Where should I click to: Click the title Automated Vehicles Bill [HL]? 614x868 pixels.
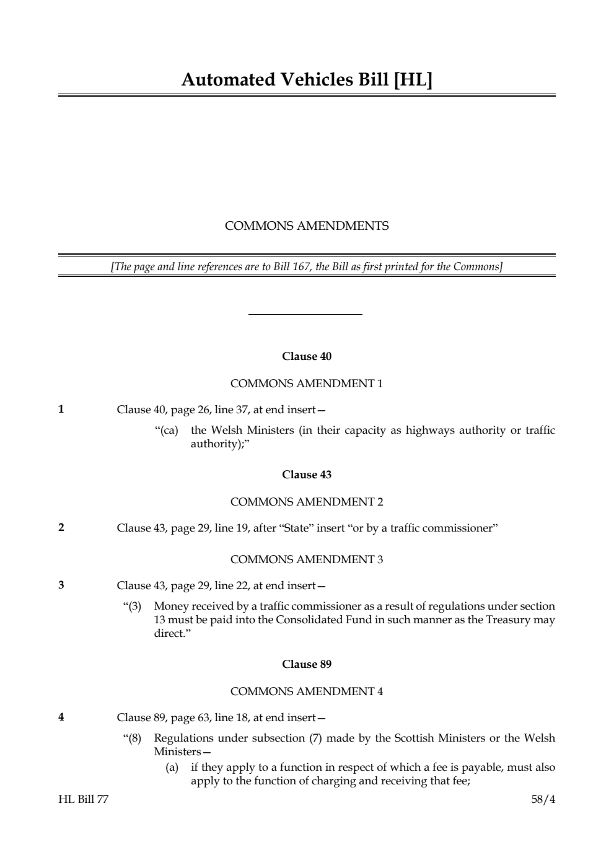[307, 80]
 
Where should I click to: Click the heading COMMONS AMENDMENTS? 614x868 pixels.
[307, 226]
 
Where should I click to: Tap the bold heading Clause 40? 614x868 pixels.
[307, 356]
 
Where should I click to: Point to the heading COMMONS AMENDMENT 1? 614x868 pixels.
[307, 384]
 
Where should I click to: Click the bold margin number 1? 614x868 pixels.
[61, 409]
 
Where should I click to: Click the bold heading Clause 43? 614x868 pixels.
[307, 475]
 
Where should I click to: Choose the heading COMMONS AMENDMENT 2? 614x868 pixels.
[307, 502]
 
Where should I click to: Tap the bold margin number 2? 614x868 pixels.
[61, 528]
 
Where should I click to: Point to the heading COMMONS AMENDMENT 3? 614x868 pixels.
[307, 559]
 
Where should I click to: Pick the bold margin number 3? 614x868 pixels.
[61, 585]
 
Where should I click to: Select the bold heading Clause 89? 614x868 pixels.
[307, 664]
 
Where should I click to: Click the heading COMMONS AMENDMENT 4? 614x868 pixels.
[307, 691]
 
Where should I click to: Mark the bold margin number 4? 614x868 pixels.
[61, 717]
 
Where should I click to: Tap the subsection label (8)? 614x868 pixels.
[133, 739]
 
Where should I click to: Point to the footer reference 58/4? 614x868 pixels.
[543, 799]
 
